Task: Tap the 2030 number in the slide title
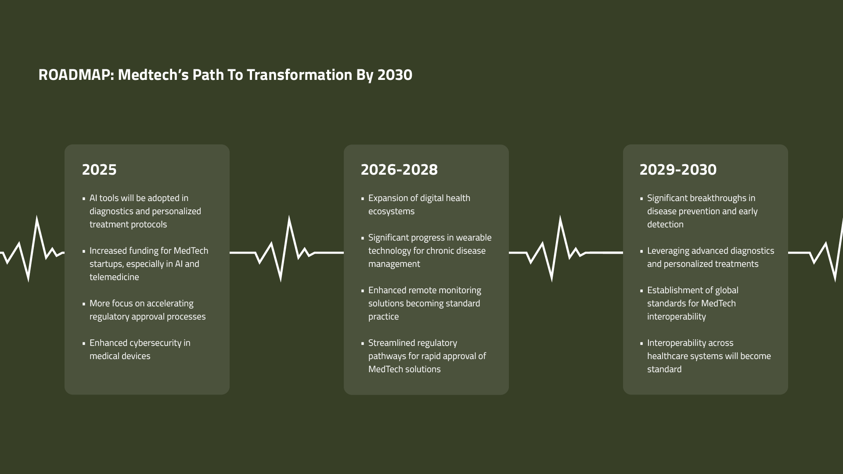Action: [395, 75]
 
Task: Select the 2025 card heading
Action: [99, 170]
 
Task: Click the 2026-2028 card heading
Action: [399, 170]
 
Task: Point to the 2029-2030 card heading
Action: [678, 170]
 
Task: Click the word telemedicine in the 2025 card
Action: [114, 277]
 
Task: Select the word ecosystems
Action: [391, 212]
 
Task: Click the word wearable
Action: [474, 237]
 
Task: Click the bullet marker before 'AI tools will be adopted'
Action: [84, 199]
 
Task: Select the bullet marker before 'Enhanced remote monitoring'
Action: [363, 291]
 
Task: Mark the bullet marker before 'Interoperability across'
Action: [641, 344]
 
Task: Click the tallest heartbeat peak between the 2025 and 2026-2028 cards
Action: [289, 218]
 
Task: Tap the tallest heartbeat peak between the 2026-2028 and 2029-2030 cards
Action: [560, 218]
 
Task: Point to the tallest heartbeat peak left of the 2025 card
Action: [36, 218]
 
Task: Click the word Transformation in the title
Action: [299, 75]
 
